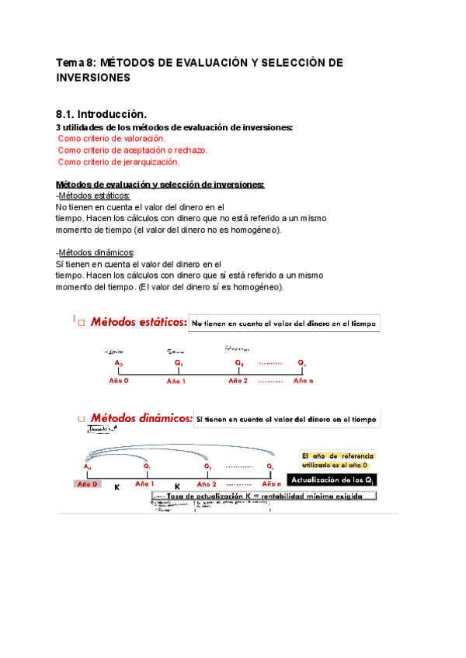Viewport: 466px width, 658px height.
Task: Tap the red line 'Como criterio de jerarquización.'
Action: point(119,162)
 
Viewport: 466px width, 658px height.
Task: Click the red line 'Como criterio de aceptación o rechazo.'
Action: point(133,150)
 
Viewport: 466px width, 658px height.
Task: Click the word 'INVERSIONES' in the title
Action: point(94,78)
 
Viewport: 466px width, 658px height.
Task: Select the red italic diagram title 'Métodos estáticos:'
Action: point(138,322)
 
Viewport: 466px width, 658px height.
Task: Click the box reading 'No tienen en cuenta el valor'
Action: point(285,324)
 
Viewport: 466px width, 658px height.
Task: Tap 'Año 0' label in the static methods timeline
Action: point(118,381)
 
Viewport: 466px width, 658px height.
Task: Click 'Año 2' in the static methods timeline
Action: point(238,381)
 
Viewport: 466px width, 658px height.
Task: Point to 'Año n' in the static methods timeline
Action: point(304,381)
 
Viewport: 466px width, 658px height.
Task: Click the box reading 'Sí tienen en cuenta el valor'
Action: point(287,419)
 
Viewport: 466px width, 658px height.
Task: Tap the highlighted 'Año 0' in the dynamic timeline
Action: point(86,483)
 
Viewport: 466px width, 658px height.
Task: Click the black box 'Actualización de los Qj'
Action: point(332,480)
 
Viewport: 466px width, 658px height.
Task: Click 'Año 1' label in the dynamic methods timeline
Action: point(145,483)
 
